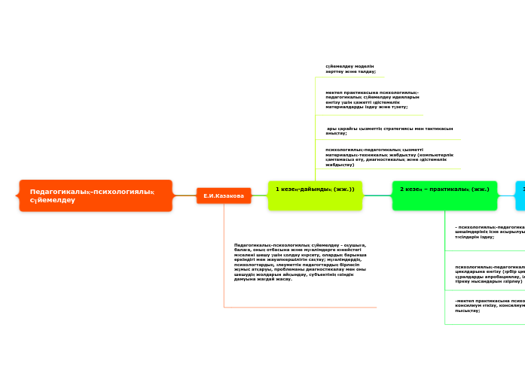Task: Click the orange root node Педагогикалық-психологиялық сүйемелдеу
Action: (x=96, y=195)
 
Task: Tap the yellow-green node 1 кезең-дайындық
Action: (x=315, y=189)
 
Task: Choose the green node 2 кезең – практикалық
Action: (x=444, y=189)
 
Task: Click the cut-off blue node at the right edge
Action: (x=520, y=189)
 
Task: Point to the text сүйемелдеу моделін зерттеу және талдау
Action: (x=350, y=68)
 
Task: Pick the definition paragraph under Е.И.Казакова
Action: (x=300, y=262)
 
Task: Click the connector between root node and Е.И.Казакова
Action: (x=184, y=195)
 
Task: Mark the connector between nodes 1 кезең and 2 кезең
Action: (x=377, y=195)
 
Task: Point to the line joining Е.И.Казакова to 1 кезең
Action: (x=258, y=195)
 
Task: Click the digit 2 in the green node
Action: (x=401, y=189)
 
